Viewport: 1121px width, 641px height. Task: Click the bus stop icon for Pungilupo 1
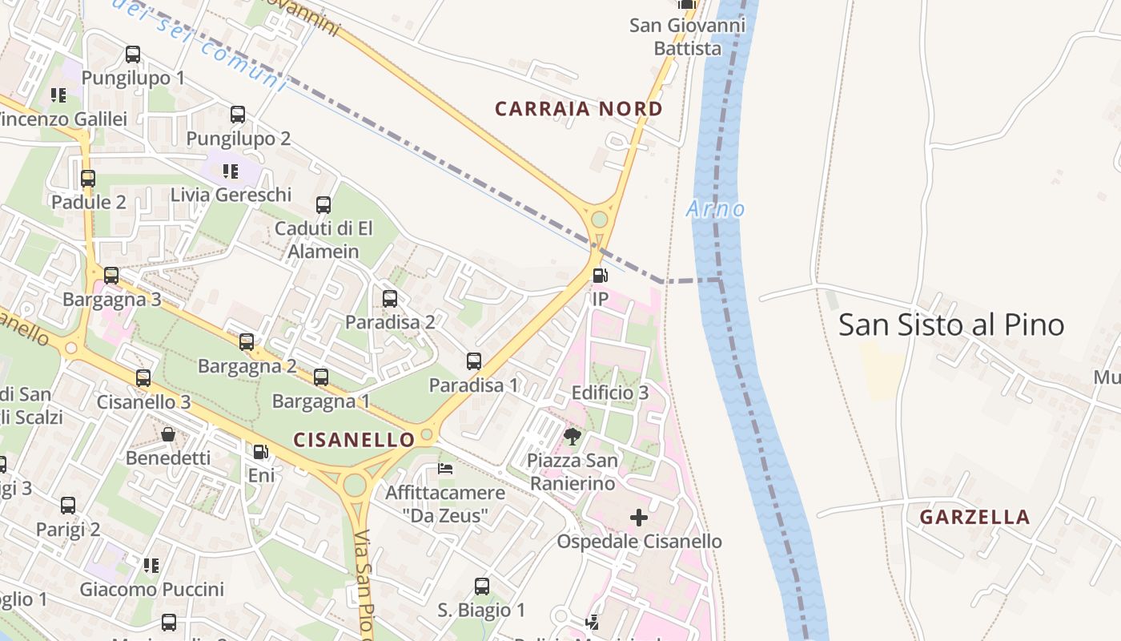(133, 54)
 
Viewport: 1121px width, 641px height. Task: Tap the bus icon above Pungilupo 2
(238, 115)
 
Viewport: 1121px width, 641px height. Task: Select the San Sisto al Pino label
(950, 325)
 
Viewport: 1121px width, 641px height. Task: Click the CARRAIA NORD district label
(578, 109)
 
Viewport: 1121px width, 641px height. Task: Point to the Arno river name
(715, 209)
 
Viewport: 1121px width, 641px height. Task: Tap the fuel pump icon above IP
(599, 276)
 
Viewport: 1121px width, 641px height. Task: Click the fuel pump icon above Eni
(260, 452)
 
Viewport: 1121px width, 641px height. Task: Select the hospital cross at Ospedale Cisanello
(638, 518)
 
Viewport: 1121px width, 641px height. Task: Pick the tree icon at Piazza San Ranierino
(572, 437)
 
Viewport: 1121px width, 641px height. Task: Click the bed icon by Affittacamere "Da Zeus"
(445, 468)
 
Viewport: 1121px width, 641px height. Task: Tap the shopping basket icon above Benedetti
(168, 434)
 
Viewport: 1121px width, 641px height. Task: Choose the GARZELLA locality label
(974, 517)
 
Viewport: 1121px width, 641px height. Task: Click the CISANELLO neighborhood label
(354, 440)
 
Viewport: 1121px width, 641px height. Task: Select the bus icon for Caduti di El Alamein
(323, 205)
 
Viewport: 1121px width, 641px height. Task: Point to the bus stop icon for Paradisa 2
(390, 299)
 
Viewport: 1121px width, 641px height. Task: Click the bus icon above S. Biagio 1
(481, 587)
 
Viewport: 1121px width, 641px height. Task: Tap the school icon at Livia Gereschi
(231, 171)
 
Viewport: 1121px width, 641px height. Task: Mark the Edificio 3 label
(609, 393)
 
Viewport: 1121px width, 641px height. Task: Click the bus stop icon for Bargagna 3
(111, 276)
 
